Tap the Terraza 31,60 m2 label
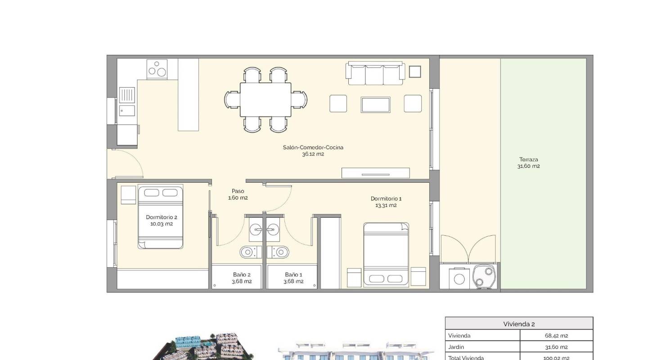coord(528,163)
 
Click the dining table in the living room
coord(265,99)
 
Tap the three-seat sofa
coord(375,74)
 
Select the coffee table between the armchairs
coord(375,104)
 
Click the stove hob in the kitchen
coord(157,69)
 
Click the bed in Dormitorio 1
coord(386,254)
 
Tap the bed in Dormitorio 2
coord(160,217)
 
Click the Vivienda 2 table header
coord(519,324)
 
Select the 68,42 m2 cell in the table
coord(556,336)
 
